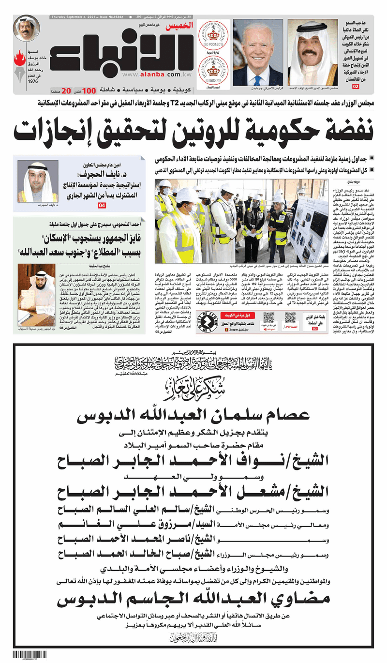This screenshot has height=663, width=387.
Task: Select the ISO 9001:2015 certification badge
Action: [216, 34]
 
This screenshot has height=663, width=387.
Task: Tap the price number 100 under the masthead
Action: [89, 90]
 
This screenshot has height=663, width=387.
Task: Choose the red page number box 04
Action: [102, 206]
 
